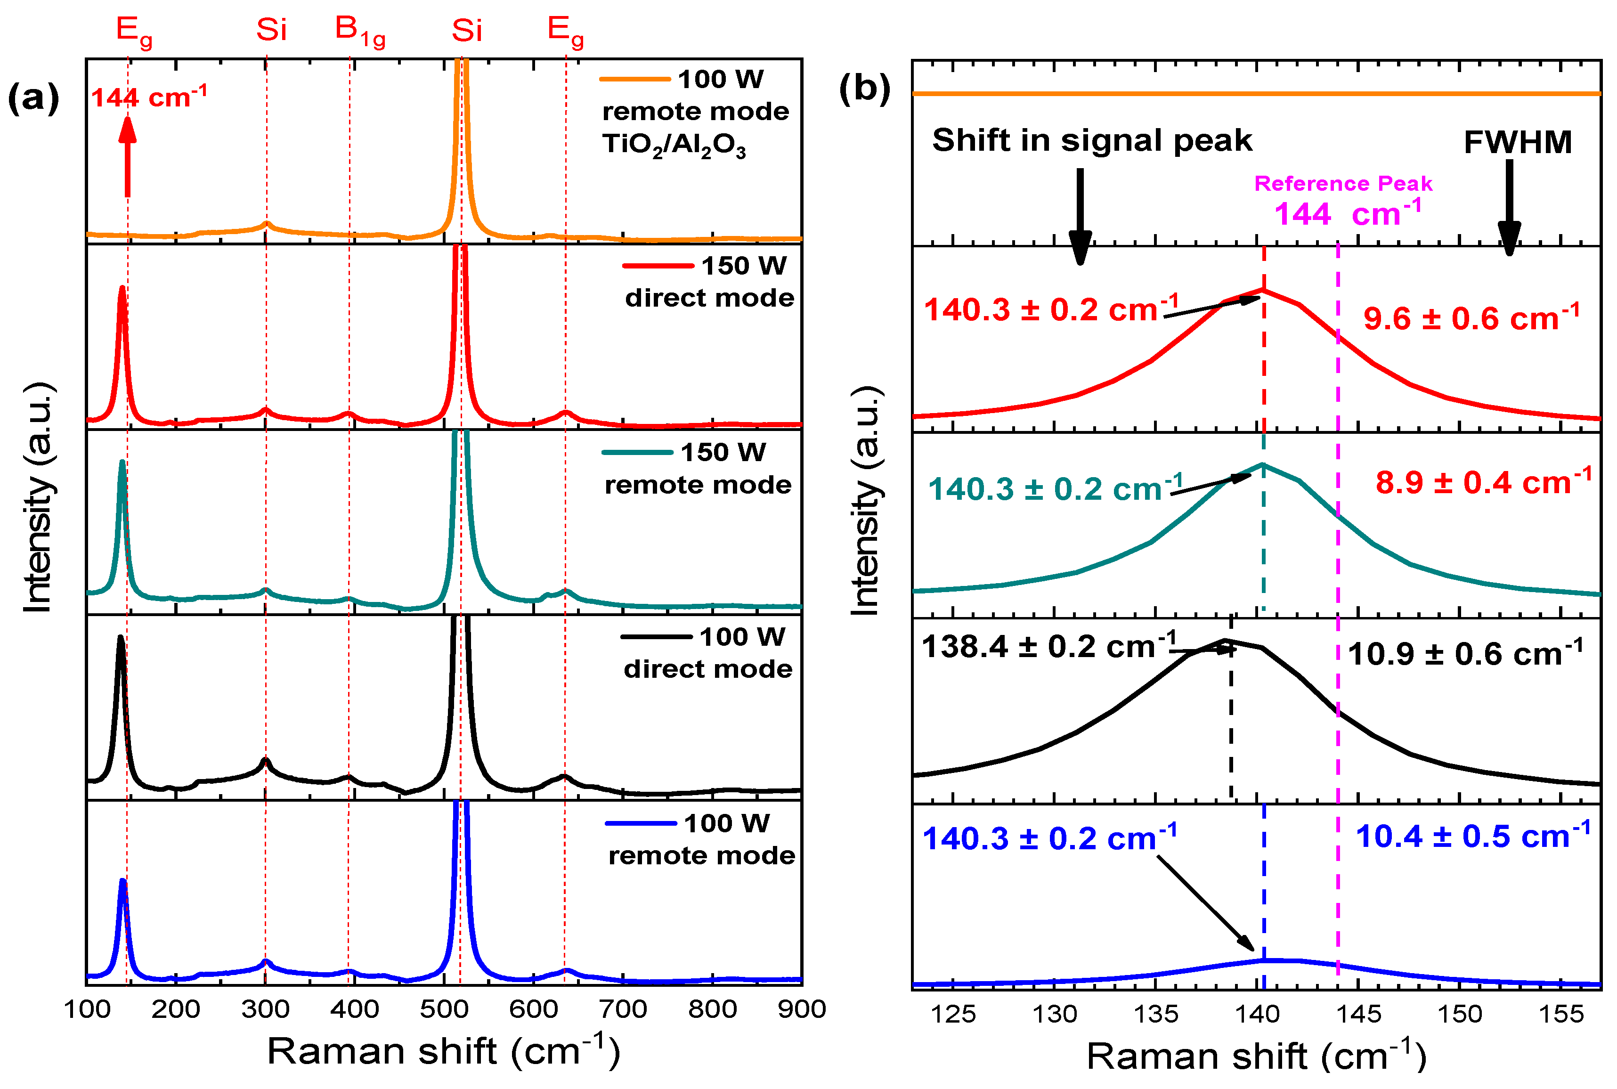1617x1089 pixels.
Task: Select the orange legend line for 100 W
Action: (634, 79)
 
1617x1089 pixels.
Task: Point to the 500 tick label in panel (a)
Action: (444, 1009)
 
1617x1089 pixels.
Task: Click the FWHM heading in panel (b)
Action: (1517, 142)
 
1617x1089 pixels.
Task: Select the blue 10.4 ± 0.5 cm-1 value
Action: (1472, 836)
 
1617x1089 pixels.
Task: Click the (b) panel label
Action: (864, 89)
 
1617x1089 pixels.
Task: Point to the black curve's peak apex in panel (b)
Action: (1226, 640)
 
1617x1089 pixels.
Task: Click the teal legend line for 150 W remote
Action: (637, 453)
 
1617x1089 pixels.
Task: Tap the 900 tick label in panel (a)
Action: (801, 1009)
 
